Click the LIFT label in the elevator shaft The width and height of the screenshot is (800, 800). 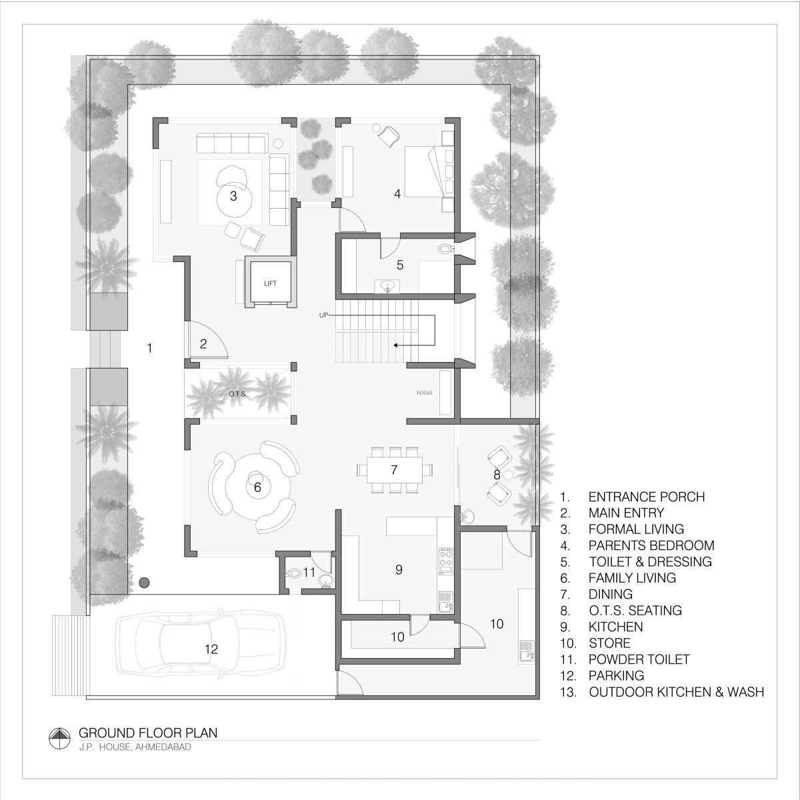(270, 283)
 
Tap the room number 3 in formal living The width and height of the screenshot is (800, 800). (233, 196)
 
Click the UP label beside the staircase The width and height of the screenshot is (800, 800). (323, 315)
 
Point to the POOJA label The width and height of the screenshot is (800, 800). (425, 393)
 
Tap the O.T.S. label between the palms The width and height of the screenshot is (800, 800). (237, 394)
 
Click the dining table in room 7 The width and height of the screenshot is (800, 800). (395, 470)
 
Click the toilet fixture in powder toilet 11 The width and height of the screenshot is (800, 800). (293, 573)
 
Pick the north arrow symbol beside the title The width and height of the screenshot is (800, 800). (60, 739)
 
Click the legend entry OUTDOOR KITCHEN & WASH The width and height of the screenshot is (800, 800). (676, 692)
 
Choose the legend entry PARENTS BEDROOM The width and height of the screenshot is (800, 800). (651, 545)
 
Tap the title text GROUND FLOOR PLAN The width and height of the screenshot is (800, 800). (148, 733)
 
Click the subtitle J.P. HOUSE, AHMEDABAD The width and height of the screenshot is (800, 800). (135, 747)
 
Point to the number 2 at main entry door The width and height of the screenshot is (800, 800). (203, 344)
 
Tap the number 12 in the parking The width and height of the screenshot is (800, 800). (211, 649)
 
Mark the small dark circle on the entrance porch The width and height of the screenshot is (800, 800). (143, 583)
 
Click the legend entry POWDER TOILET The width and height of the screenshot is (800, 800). (639, 659)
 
